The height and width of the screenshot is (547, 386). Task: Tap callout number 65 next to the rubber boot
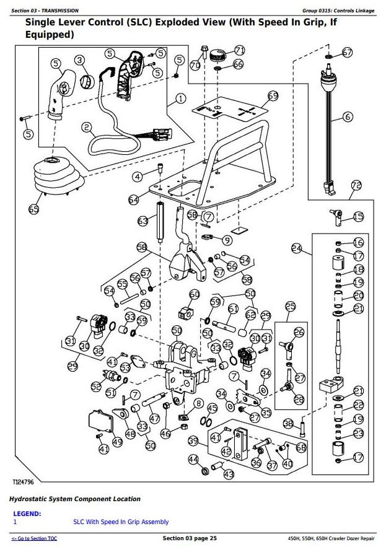[34, 209]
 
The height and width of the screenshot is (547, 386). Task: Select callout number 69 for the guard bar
[273, 96]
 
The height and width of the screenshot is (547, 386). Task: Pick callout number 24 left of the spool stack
[296, 249]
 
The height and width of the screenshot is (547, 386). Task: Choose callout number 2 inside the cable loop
[87, 128]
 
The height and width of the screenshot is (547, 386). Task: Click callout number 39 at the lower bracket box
[193, 440]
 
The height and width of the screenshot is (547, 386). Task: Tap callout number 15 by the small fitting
[359, 216]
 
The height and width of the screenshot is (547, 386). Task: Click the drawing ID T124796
[24, 481]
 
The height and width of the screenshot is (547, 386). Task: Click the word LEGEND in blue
[27, 514]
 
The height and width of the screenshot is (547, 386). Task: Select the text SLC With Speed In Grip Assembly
[121, 522]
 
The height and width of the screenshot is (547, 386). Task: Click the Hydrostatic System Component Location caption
[74, 499]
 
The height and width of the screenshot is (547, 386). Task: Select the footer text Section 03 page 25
[190, 538]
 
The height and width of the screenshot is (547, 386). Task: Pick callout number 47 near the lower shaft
[154, 418]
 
